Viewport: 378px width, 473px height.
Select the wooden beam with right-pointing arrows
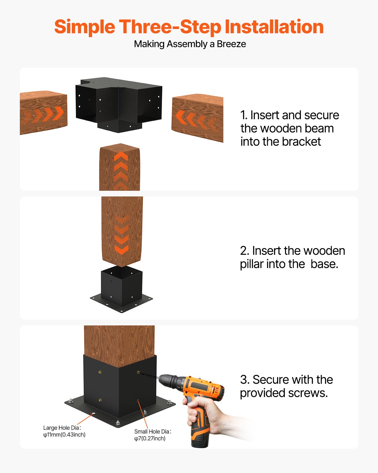[43, 113]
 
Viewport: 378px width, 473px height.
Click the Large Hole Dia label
[62, 428]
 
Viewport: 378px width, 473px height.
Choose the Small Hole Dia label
[152, 431]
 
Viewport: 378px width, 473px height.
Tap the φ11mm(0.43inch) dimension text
[64, 435]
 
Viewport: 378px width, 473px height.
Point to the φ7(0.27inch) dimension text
[150, 439]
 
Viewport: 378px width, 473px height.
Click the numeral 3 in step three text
[243, 380]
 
